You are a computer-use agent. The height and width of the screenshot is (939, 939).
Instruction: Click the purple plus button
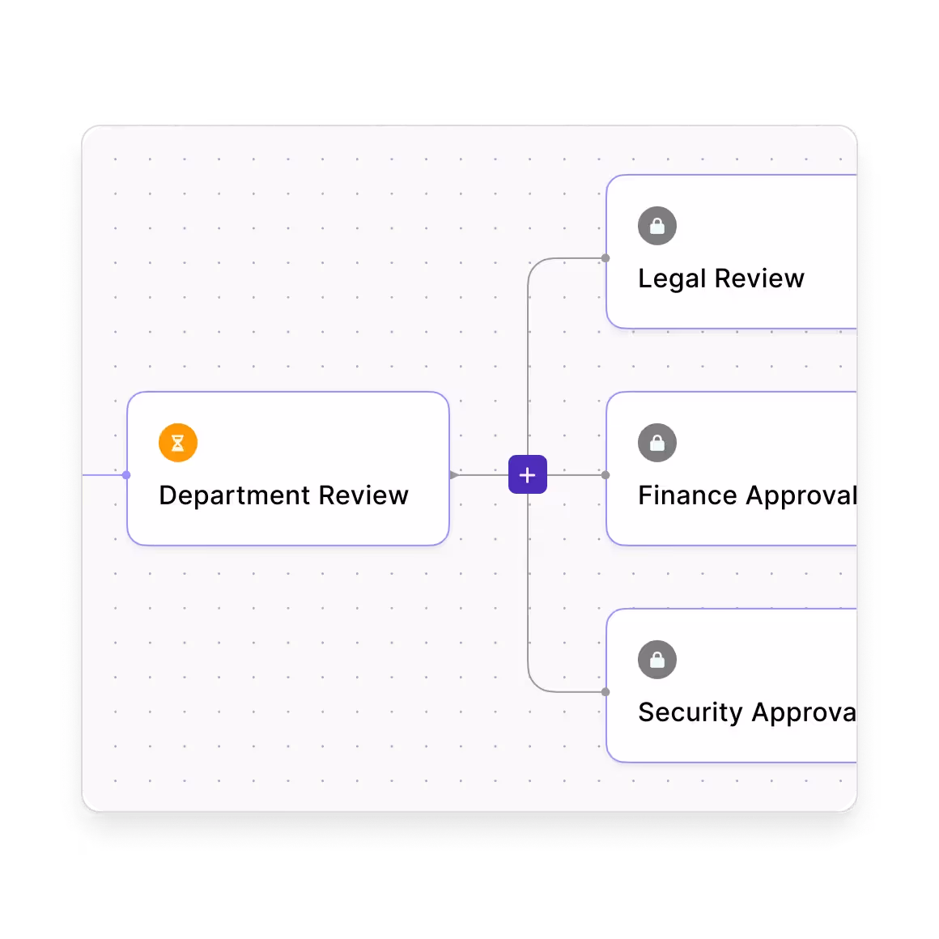click(527, 475)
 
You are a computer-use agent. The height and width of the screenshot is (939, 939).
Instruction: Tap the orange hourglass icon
click(178, 443)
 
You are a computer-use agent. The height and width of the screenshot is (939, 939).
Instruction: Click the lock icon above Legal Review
click(657, 226)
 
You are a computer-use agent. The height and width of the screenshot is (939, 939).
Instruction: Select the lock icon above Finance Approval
click(657, 443)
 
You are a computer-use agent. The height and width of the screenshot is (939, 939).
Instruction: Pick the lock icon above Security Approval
click(657, 660)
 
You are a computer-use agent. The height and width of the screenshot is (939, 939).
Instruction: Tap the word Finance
click(686, 495)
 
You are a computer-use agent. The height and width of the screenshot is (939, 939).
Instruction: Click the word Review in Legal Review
click(760, 278)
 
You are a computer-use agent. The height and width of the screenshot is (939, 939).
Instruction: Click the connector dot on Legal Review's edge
click(605, 258)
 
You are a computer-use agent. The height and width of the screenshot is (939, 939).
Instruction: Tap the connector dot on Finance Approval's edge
click(605, 475)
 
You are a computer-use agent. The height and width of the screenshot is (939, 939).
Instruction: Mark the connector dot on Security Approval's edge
click(605, 692)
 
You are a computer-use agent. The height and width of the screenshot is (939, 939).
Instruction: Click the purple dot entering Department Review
click(126, 475)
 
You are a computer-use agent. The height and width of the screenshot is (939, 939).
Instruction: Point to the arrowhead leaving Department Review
click(454, 475)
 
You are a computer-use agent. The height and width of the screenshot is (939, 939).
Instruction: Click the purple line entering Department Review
click(103, 475)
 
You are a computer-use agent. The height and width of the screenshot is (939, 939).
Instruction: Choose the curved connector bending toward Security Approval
click(535, 684)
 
